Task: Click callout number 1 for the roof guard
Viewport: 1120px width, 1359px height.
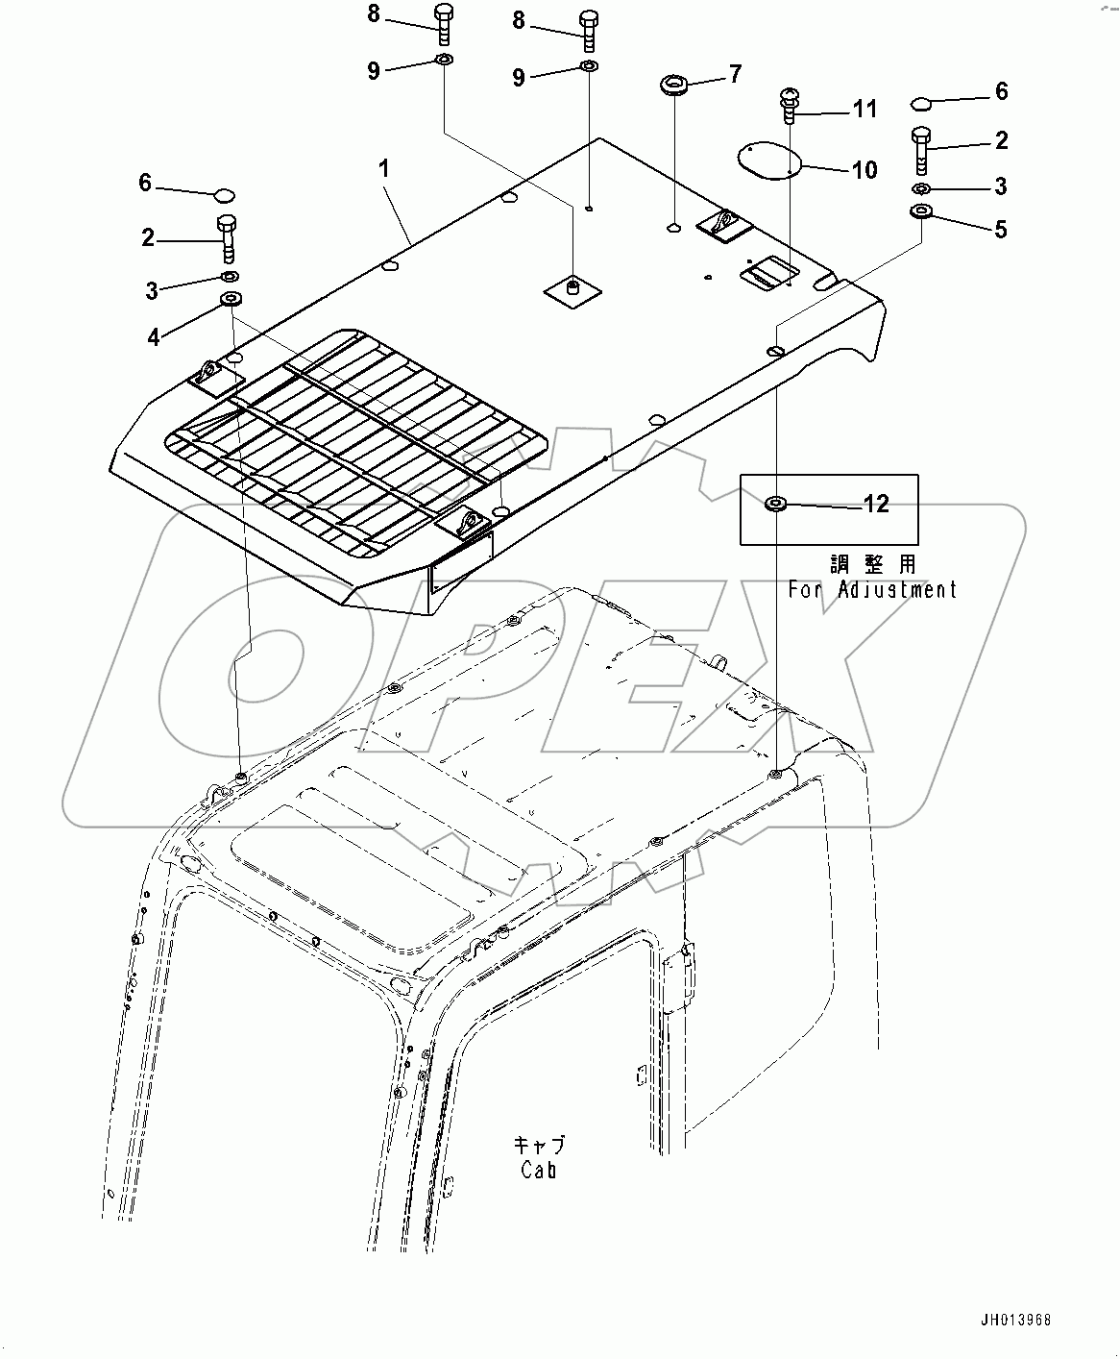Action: [384, 169]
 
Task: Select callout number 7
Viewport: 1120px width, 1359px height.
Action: [735, 74]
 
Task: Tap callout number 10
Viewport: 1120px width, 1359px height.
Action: [864, 170]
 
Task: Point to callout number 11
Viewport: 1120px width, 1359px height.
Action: [864, 110]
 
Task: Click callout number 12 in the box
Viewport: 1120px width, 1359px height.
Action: [876, 504]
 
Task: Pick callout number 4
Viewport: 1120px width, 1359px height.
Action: [154, 337]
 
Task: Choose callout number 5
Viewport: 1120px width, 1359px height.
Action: [1001, 230]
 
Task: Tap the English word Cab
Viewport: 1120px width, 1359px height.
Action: [539, 1171]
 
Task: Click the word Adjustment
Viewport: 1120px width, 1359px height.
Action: [897, 590]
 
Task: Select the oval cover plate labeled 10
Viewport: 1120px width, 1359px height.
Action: [769, 161]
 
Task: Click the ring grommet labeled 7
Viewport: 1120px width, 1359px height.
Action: [675, 86]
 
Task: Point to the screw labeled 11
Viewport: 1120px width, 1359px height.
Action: [789, 106]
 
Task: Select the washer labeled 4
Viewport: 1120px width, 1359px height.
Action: [231, 300]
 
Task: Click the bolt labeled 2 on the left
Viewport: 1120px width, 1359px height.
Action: [227, 239]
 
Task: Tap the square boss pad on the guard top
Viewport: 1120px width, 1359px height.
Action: [572, 289]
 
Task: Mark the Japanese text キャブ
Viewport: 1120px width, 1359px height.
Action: [539, 1145]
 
